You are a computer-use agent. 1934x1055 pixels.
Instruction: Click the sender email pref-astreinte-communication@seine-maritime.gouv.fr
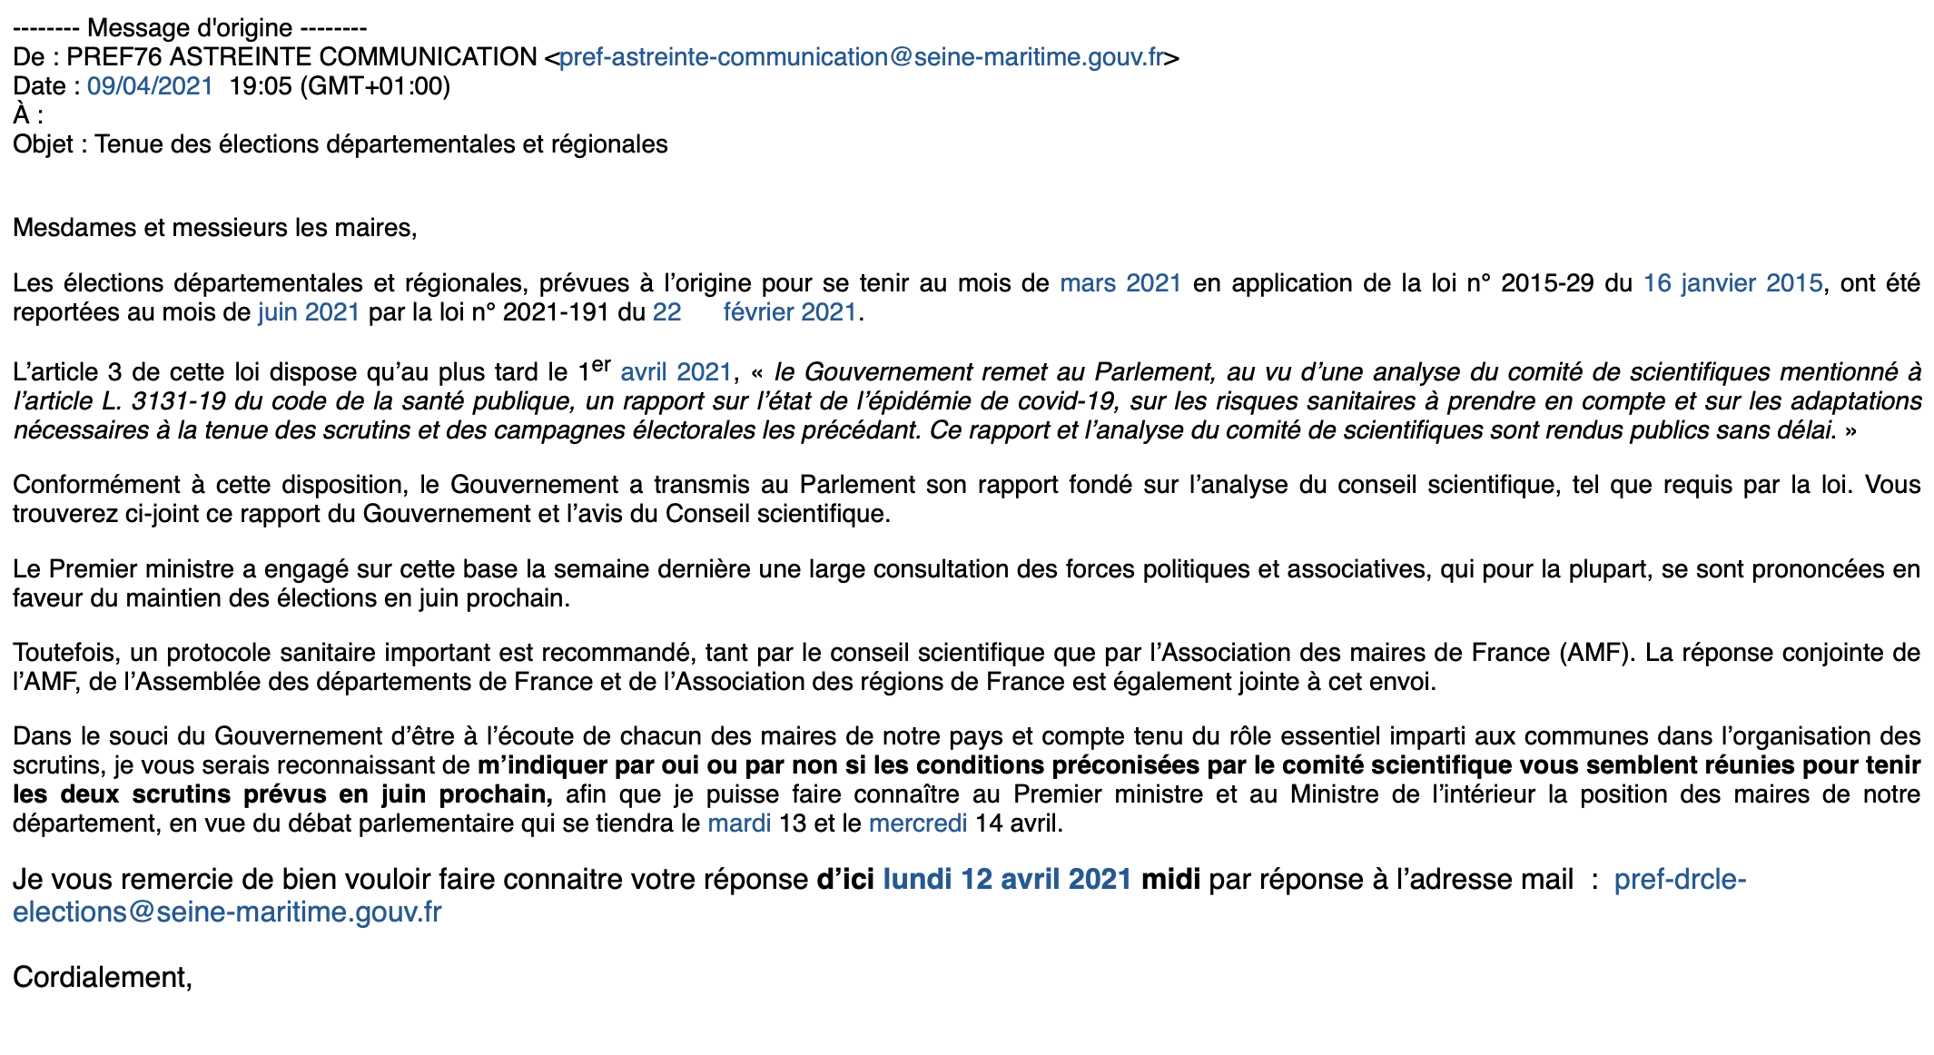pyautogui.click(x=861, y=57)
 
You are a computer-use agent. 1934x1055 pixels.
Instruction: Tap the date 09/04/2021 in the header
pyautogui.click(x=150, y=86)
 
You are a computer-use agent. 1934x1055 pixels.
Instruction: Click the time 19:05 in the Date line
pyautogui.click(x=261, y=86)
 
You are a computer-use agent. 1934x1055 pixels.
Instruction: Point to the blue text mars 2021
pyautogui.click(x=1120, y=283)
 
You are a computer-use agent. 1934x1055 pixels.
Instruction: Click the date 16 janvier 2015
pyautogui.click(x=1732, y=283)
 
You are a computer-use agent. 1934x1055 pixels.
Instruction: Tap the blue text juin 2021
pyautogui.click(x=309, y=312)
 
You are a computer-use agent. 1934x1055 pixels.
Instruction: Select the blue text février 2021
pyautogui.click(x=790, y=312)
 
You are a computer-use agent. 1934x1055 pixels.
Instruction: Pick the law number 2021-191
pyautogui.click(x=555, y=312)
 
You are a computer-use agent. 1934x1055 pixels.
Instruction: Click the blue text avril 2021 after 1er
pyautogui.click(x=676, y=372)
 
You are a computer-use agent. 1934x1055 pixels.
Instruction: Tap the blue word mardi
pyautogui.click(x=739, y=823)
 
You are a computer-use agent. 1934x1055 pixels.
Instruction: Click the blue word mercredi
pyautogui.click(x=918, y=823)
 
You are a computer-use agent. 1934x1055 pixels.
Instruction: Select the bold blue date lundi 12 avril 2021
pyautogui.click(x=1007, y=880)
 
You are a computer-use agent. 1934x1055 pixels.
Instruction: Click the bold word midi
pyautogui.click(x=1170, y=880)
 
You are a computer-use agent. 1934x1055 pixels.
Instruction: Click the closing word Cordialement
pyautogui.click(x=100, y=977)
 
